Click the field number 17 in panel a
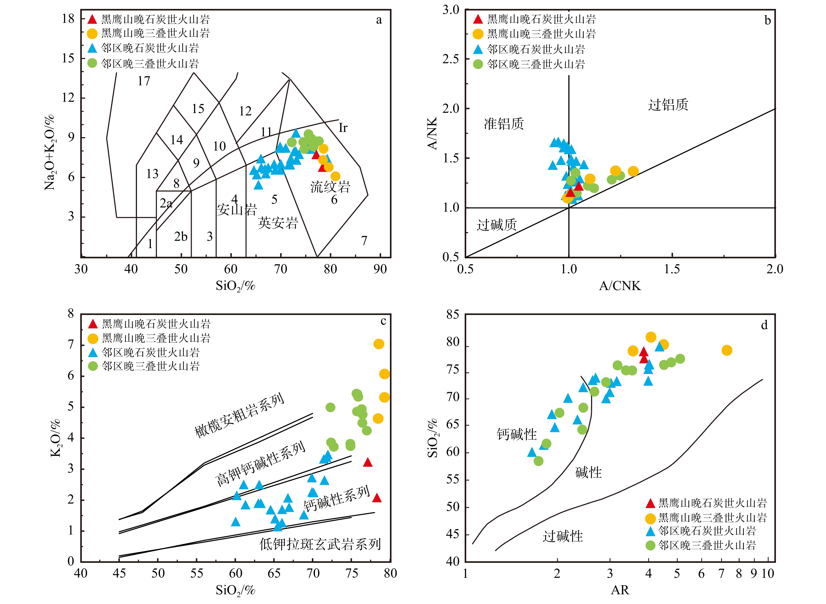[144, 81]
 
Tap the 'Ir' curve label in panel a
[342, 128]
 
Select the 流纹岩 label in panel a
[330, 187]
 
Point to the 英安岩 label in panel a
[278, 223]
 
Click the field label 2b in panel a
[181, 237]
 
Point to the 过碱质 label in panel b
[496, 225]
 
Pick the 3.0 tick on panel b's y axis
[451, 10]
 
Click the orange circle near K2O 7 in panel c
[379, 344]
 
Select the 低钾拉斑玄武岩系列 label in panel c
[320, 544]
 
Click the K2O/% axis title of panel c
[56, 438]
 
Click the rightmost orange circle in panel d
[727, 350]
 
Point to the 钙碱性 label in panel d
[516, 434]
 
